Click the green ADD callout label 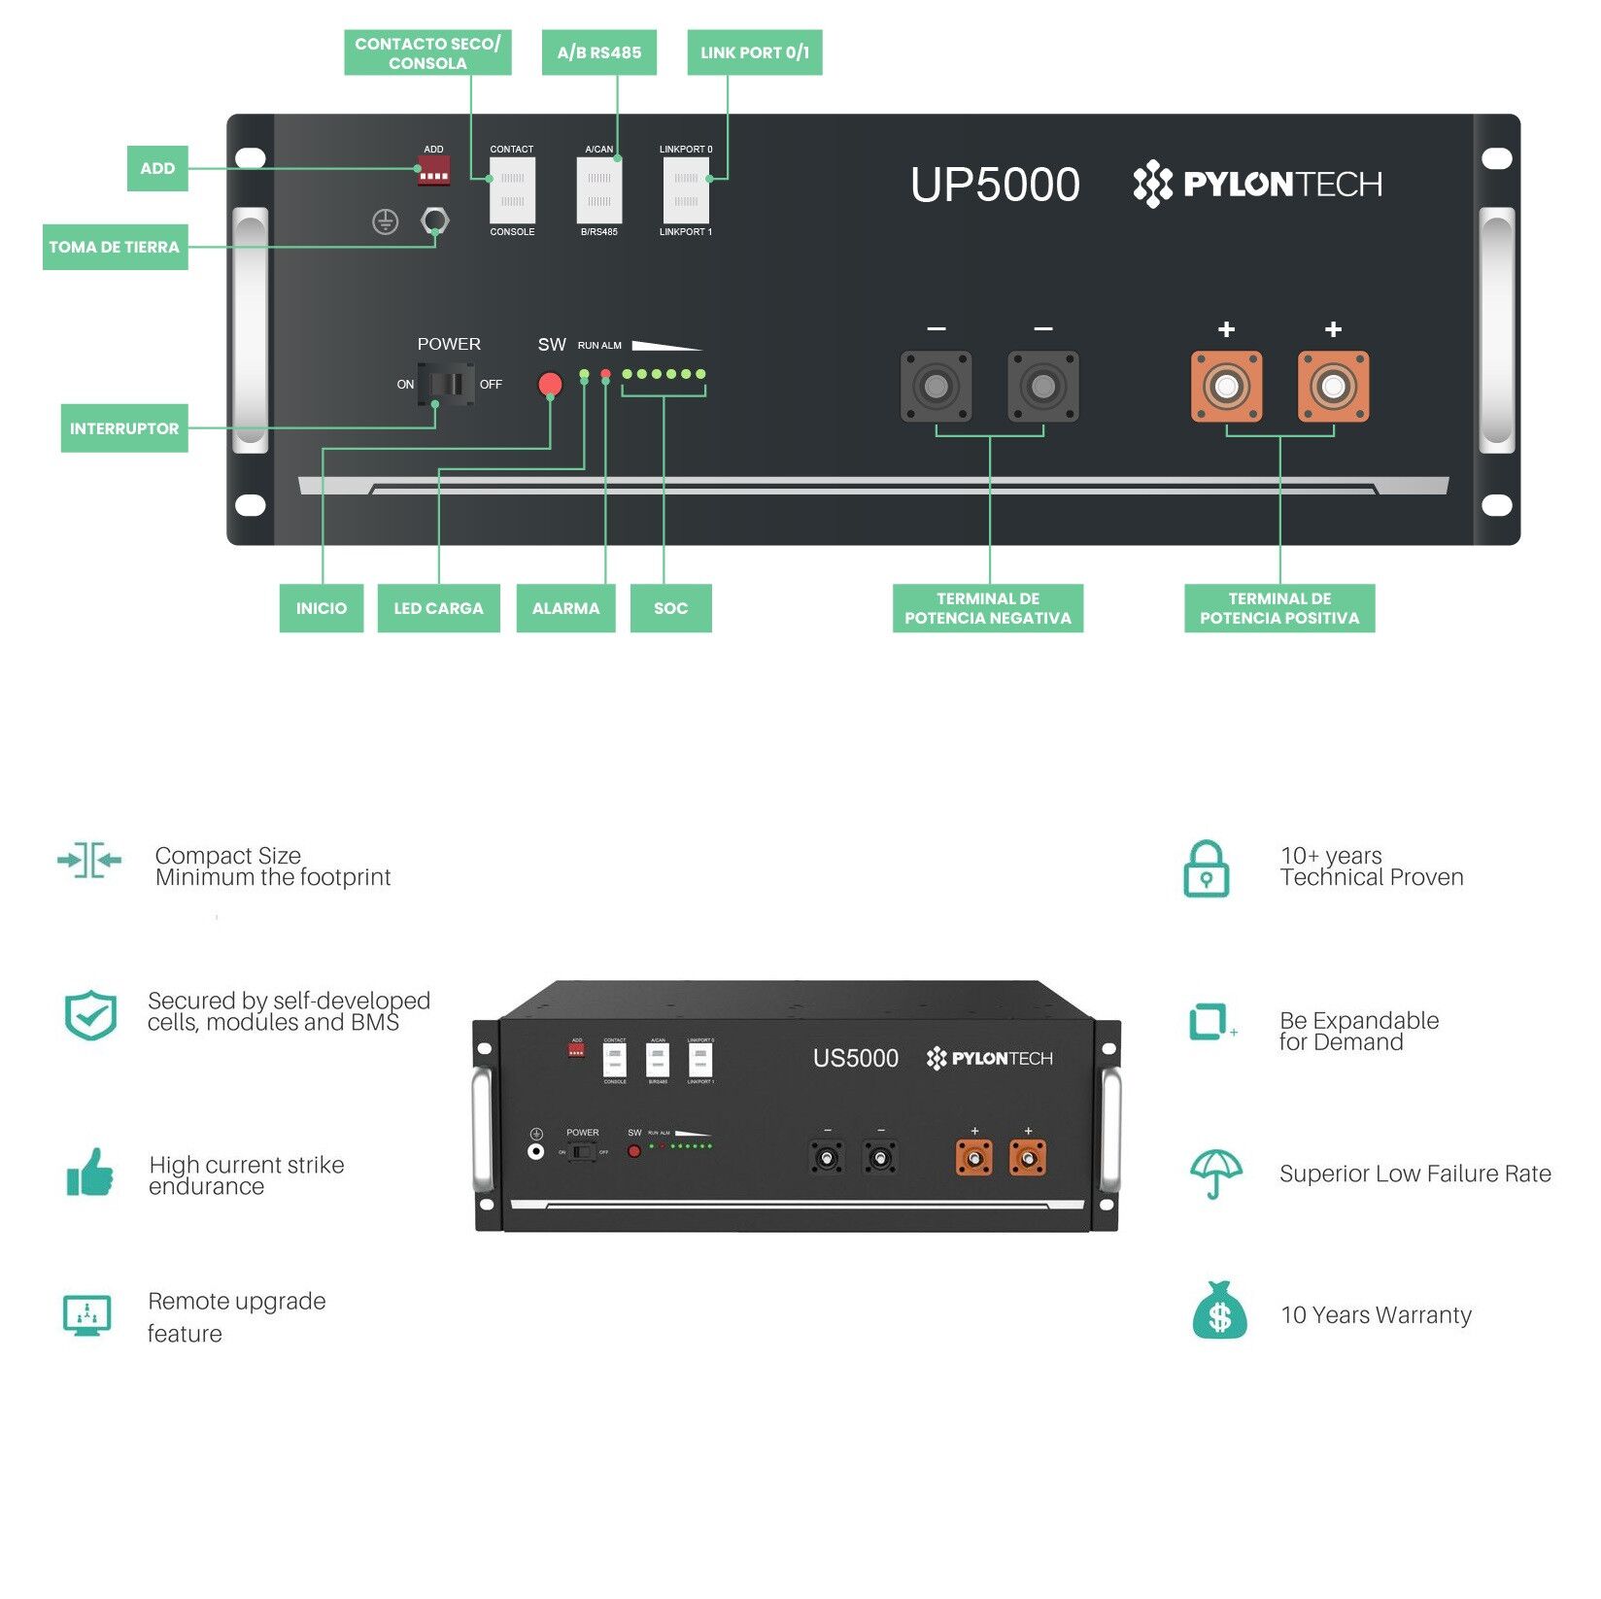tap(157, 169)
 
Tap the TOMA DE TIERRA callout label tap(115, 247)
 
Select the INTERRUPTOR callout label tap(124, 428)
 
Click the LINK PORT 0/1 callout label tap(754, 52)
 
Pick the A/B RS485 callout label tap(598, 52)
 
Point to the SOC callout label tap(670, 608)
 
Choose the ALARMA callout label tap(565, 608)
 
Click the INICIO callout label tap(321, 608)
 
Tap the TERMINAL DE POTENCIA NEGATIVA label tap(987, 608)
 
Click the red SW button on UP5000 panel tap(550, 385)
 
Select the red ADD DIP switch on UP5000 tap(433, 173)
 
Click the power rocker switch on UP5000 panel tap(446, 384)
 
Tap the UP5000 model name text tap(995, 185)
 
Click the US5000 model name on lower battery tap(855, 1058)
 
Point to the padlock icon tap(1206, 869)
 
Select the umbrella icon tap(1215, 1174)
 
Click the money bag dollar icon tap(1219, 1312)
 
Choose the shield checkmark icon tap(90, 1015)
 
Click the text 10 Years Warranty tap(1376, 1315)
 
